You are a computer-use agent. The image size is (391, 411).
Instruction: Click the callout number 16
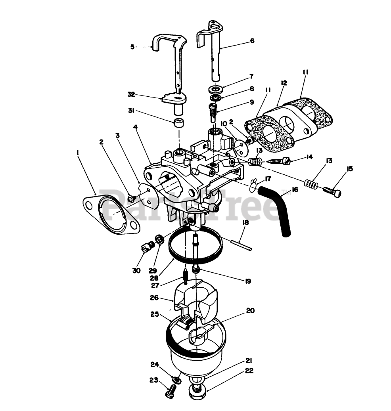[295, 189]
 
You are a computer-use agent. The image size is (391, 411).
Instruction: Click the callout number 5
[132, 47]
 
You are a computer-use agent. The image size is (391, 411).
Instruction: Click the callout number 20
[250, 310]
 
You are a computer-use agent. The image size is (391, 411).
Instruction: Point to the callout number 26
[155, 297]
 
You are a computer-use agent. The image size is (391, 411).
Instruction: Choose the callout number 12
[284, 83]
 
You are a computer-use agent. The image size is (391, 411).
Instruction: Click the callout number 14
[309, 157]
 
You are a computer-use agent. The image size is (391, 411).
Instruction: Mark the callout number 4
[136, 127]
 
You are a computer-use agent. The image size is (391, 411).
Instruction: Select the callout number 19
[248, 281]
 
